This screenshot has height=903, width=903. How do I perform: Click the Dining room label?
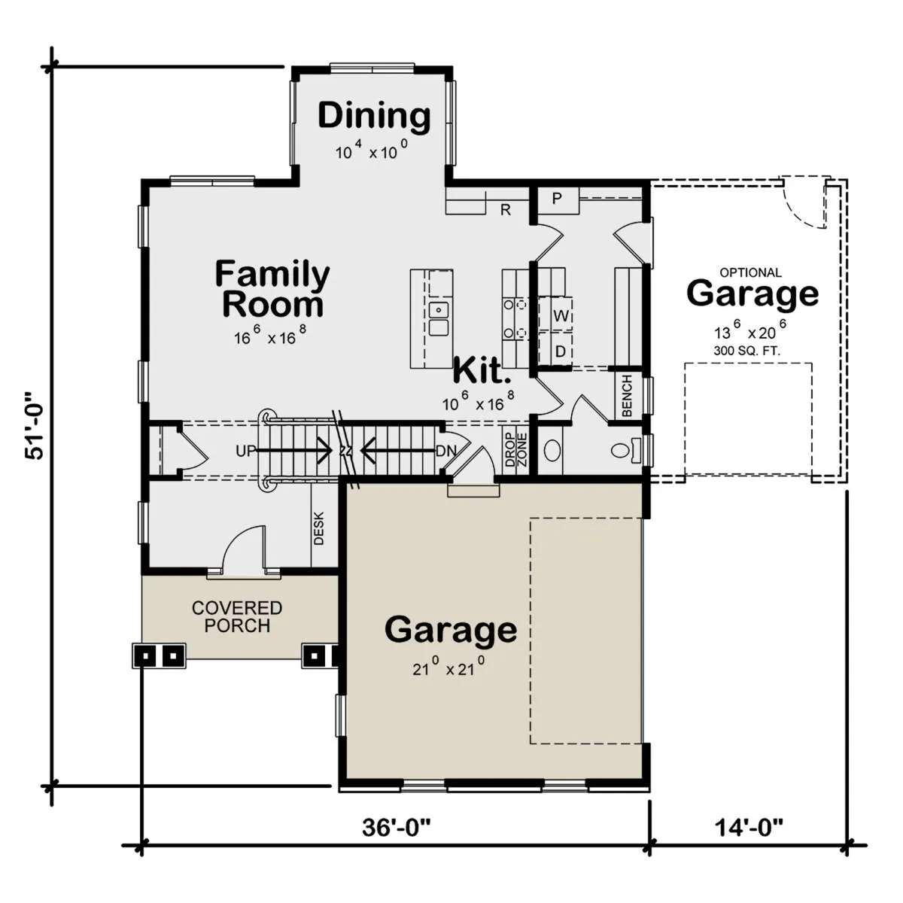point(374,117)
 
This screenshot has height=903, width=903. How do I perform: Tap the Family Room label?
point(272,289)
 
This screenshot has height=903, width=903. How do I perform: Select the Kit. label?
point(482,370)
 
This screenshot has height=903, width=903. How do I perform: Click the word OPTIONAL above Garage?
point(751,272)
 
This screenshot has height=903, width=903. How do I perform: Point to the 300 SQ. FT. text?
point(747,351)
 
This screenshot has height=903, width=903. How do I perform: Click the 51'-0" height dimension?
point(35,425)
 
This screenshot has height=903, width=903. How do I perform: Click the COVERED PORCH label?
point(237,617)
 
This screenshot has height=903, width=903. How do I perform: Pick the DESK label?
point(318,528)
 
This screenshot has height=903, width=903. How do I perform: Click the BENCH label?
point(627,396)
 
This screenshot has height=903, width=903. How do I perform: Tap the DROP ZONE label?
point(516,449)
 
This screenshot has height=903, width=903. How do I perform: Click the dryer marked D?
point(561,351)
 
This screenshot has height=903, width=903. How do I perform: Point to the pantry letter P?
point(557,199)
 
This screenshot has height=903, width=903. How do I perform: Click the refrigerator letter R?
point(505,210)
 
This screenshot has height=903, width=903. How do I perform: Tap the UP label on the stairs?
point(246,451)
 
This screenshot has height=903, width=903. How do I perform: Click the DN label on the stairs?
point(446,451)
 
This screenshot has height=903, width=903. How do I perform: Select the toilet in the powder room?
point(625,450)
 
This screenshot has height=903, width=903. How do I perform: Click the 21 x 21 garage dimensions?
point(448,667)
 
